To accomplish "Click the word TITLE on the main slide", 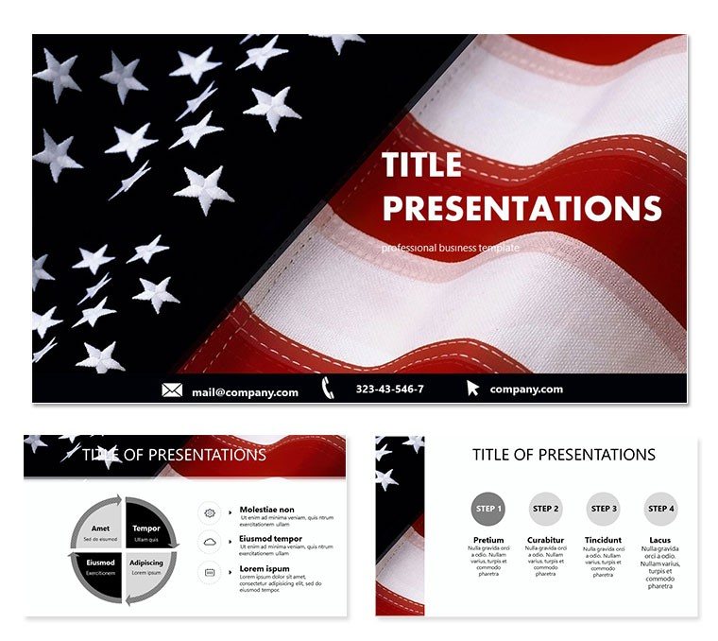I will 421,165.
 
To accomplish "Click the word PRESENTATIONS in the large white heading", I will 521,208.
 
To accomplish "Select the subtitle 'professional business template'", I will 451,248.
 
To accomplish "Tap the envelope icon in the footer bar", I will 172,390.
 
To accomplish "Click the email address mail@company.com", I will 245,391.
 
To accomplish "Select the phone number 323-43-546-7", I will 389,390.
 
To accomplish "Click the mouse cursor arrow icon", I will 472,388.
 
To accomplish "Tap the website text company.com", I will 526,390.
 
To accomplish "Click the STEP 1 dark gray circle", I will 487,509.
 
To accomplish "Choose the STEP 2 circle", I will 545,509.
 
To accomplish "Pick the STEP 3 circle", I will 603,509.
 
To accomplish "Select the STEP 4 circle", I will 661,509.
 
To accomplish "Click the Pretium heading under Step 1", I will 487,541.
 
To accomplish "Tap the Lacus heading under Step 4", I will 661,541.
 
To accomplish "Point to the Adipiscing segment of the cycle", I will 145,568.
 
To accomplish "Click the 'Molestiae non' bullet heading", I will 266,510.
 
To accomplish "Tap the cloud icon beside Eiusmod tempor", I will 209,542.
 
